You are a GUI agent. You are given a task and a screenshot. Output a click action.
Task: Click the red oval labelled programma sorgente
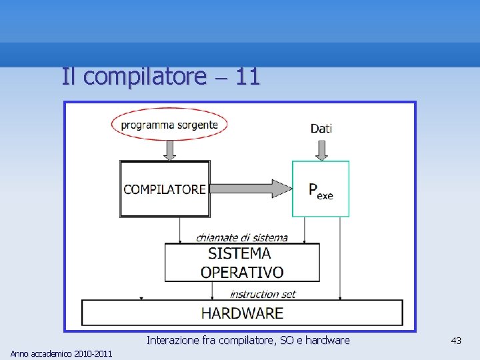click(x=169, y=124)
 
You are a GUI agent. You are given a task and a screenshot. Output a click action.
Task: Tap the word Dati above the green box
click(x=321, y=128)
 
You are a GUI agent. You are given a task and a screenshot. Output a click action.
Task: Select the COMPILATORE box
click(x=165, y=189)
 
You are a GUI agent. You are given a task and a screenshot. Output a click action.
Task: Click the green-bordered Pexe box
click(x=321, y=189)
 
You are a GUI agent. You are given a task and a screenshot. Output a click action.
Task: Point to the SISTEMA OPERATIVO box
click(x=242, y=262)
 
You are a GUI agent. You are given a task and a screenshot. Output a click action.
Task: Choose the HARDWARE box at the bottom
click(x=242, y=313)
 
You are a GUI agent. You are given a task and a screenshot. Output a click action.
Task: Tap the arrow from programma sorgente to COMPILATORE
click(x=170, y=149)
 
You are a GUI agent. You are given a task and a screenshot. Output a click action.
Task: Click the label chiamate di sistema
click(x=242, y=237)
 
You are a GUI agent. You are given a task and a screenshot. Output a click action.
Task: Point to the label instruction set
click(x=263, y=294)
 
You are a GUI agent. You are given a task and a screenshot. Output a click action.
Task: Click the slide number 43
click(x=456, y=341)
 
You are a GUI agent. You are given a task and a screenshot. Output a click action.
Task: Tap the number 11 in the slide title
click(x=247, y=77)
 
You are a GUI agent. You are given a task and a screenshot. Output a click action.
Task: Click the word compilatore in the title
click(x=145, y=77)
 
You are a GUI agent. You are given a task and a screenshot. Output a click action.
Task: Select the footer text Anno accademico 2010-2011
click(x=61, y=353)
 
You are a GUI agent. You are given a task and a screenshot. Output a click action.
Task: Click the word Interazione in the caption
click(x=173, y=340)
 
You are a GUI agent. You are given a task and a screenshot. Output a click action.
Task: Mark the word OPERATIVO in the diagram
click(x=242, y=272)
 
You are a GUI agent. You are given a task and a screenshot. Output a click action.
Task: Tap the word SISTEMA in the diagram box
click(x=239, y=253)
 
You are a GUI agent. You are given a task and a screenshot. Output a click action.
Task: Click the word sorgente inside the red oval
click(x=197, y=124)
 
